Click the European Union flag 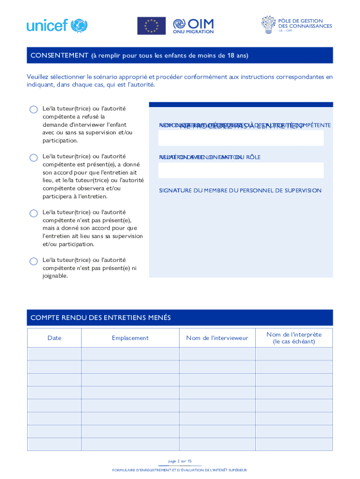tap(151, 26)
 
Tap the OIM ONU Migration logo tap(193, 26)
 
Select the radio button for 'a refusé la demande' tap(34, 109)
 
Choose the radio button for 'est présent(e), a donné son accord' tap(34, 158)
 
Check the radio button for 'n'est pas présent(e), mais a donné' tap(34, 213)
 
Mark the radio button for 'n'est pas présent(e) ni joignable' tap(34, 261)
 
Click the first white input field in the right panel tap(241, 138)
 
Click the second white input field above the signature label tap(241, 170)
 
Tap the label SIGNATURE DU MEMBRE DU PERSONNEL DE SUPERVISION tap(240, 190)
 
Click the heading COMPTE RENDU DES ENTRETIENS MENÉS tap(101, 318)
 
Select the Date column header tap(54, 338)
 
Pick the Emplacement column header tap(130, 338)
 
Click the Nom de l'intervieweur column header tap(217, 338)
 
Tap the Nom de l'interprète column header tap(294, 338)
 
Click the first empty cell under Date tap(54, 354)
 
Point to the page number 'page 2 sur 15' tap(180, 461)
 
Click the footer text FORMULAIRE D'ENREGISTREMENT tap(180, 470)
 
